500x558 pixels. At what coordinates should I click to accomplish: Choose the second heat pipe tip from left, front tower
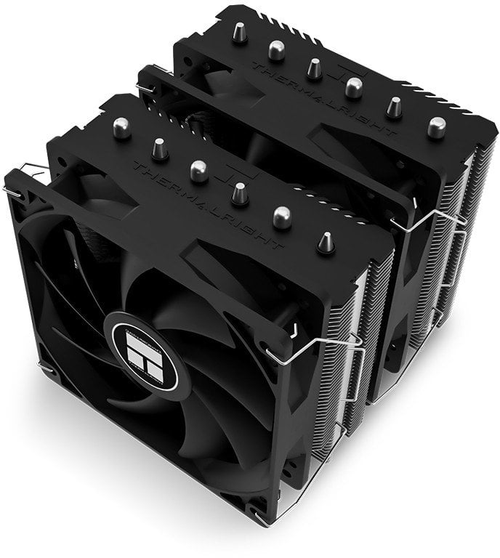[x=156, y=149]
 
